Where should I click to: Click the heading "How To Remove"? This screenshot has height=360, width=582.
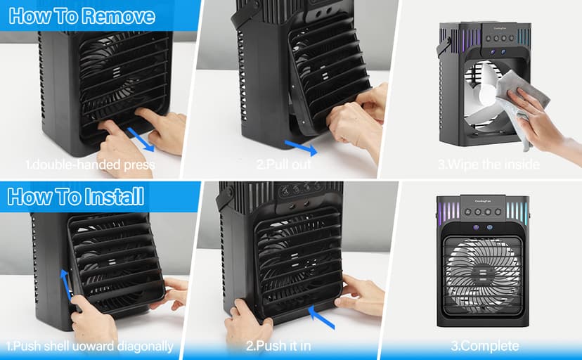82,16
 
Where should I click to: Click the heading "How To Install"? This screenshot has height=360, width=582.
76,196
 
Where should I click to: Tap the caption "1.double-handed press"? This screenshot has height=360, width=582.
90,165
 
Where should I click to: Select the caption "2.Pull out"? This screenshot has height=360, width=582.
283,164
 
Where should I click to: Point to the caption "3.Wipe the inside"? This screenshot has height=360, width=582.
489,164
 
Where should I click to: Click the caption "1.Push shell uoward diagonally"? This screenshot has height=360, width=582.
90,346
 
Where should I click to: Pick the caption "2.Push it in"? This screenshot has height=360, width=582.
278,346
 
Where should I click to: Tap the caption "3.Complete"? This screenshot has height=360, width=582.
485,346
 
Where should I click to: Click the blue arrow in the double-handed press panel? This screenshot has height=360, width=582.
141,139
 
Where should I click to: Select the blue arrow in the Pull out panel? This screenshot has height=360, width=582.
301,148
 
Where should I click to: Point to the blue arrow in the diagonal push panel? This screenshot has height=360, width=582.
65,284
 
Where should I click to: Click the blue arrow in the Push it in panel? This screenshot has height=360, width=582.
321,317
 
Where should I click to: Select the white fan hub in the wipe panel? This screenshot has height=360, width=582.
487,95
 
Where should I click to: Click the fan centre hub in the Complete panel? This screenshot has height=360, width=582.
482,274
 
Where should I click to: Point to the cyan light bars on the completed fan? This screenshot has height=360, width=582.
517,210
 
